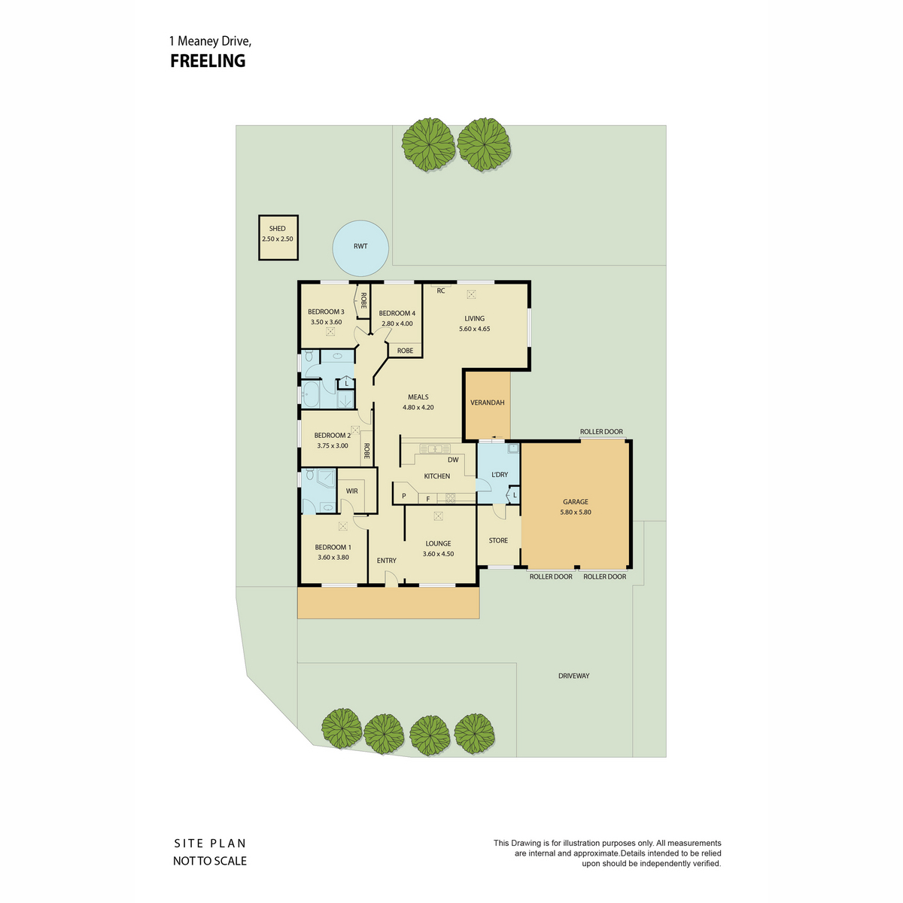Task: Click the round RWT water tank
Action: point(360,248)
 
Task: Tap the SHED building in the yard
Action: point(278,237)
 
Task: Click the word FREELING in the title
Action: point(208,61)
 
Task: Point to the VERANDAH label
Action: point(487,402)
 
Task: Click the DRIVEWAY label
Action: point(573,676)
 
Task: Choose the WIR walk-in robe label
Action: point(351,491)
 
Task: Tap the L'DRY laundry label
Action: point(499,474)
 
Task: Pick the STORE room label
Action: point(497,540)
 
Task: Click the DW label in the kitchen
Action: point(453,460)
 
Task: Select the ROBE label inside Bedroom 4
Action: point(405,351)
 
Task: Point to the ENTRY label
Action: point(386,561)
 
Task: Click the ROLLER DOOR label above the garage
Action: point(600,432)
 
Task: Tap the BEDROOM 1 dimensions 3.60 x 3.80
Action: point(333,557)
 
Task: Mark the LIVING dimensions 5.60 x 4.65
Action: point(474,329)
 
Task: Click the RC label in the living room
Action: point(440,290)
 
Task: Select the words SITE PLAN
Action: point(209,844)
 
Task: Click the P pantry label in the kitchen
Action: point(403,496)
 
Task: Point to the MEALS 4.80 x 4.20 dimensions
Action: point(418,407)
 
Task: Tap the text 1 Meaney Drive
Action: point(210,41)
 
